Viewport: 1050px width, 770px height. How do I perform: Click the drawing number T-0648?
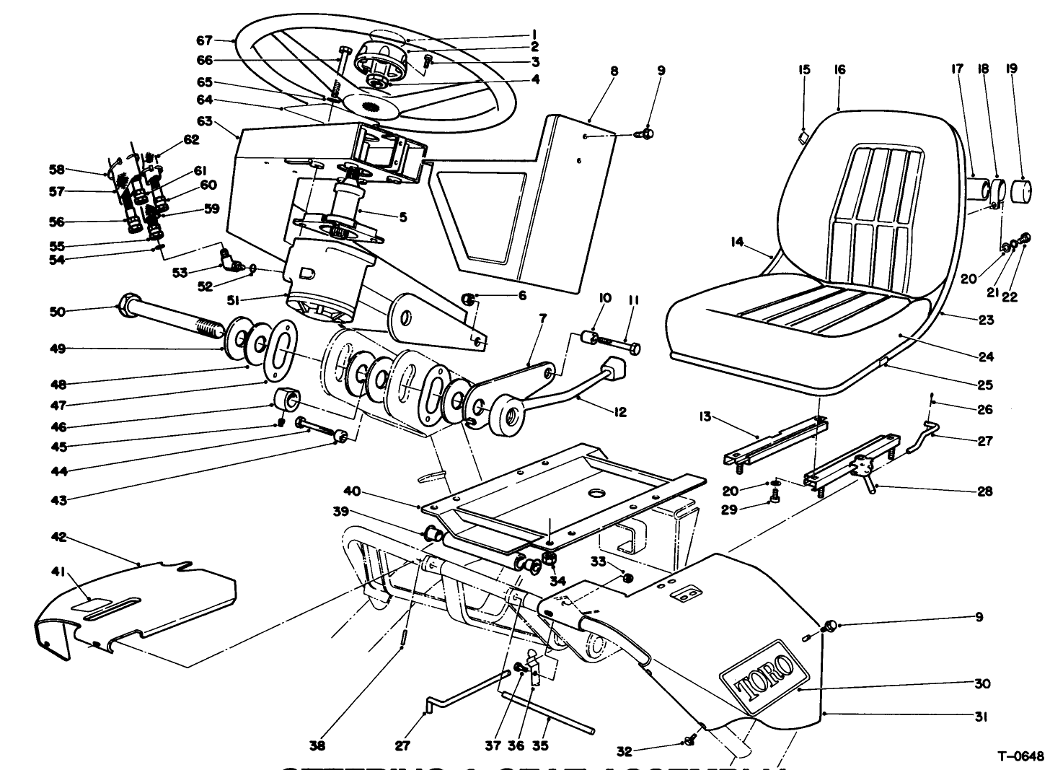click(x=1020, y=756)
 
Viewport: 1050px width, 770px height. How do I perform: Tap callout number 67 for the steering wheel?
click(x=204, y=40)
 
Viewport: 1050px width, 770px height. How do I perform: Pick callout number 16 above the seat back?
click(x=839, y=70)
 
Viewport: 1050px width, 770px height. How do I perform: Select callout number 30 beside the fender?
click(x=981, y=683)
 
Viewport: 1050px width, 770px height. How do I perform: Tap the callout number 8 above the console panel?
click(x=614, y=71)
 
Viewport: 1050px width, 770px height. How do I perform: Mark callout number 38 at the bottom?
click(x=317, y=746)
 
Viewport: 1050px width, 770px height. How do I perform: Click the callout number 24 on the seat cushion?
click(x=986, y=356)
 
